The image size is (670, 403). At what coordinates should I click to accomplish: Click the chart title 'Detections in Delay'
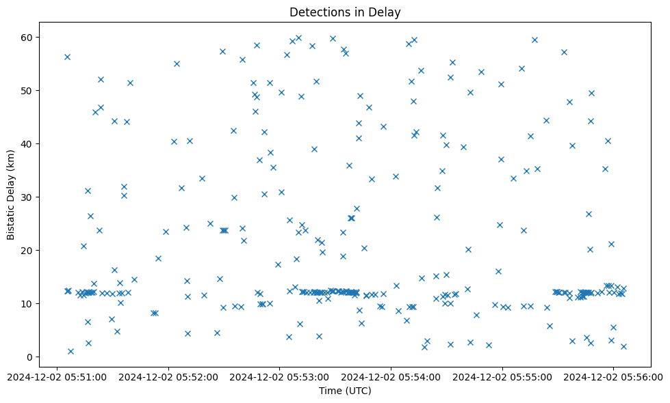point(345,12)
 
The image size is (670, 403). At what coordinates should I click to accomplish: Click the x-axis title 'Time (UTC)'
point(345,391)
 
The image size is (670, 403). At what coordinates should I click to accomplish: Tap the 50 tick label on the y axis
point(29,90)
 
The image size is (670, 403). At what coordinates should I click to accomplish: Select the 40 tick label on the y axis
point(29,143)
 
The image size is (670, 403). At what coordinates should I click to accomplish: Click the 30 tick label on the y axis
point(29,197)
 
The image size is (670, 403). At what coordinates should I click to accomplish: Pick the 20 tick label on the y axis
point(29,250)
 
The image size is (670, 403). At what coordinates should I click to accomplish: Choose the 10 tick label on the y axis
point(29,303)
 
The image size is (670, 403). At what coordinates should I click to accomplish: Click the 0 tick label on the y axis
point(31,357)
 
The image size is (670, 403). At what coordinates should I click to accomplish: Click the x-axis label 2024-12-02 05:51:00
point(57,376)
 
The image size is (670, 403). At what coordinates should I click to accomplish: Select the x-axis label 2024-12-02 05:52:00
point(168,376)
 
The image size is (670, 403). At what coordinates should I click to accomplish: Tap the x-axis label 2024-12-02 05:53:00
point(280,376)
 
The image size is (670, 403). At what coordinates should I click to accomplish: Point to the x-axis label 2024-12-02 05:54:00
point(391,376)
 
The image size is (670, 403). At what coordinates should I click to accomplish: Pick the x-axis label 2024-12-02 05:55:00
point(502,376)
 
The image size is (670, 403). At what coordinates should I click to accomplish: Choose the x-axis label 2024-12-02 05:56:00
point(613,376)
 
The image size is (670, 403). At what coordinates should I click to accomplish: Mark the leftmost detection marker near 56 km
point(67,57)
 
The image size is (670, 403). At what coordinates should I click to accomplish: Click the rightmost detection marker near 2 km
point(623,346)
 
